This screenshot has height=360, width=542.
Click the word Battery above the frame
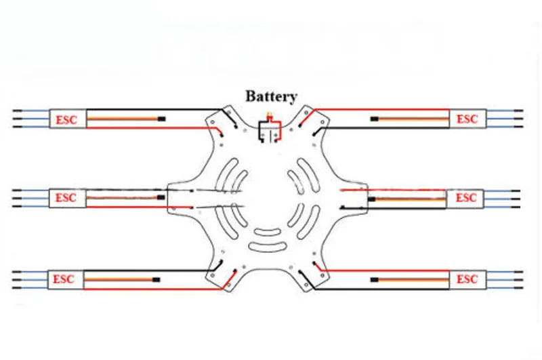pos(271,96)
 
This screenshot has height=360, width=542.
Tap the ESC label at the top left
pos(66,120)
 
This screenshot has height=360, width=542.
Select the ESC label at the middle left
pos(66,198)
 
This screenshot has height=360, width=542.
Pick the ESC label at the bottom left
pos(63,279)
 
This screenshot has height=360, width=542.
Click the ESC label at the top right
pos(467,119)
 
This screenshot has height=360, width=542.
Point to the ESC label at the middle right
pos(466,198)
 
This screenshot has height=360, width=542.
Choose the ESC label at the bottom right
pos(467,279)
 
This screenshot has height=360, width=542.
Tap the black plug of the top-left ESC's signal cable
pos(161,119)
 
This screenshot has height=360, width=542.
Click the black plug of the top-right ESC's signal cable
pos(375,119)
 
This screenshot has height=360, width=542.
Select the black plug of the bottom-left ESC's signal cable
pos(157,279)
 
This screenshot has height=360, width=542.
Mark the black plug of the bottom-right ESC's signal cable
pos(375,279)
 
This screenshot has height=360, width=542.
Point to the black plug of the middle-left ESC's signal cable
pos(161,197)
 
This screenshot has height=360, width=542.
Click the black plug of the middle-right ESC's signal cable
pos(371,199)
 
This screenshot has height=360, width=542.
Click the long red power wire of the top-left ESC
pos(152,128)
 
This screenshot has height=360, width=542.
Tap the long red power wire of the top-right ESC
pos(380,110)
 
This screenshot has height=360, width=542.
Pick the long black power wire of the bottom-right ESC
pos(380,289)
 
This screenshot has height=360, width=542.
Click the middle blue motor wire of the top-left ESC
pos(31,119)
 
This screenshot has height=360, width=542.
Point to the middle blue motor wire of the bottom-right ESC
pos(505,280)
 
